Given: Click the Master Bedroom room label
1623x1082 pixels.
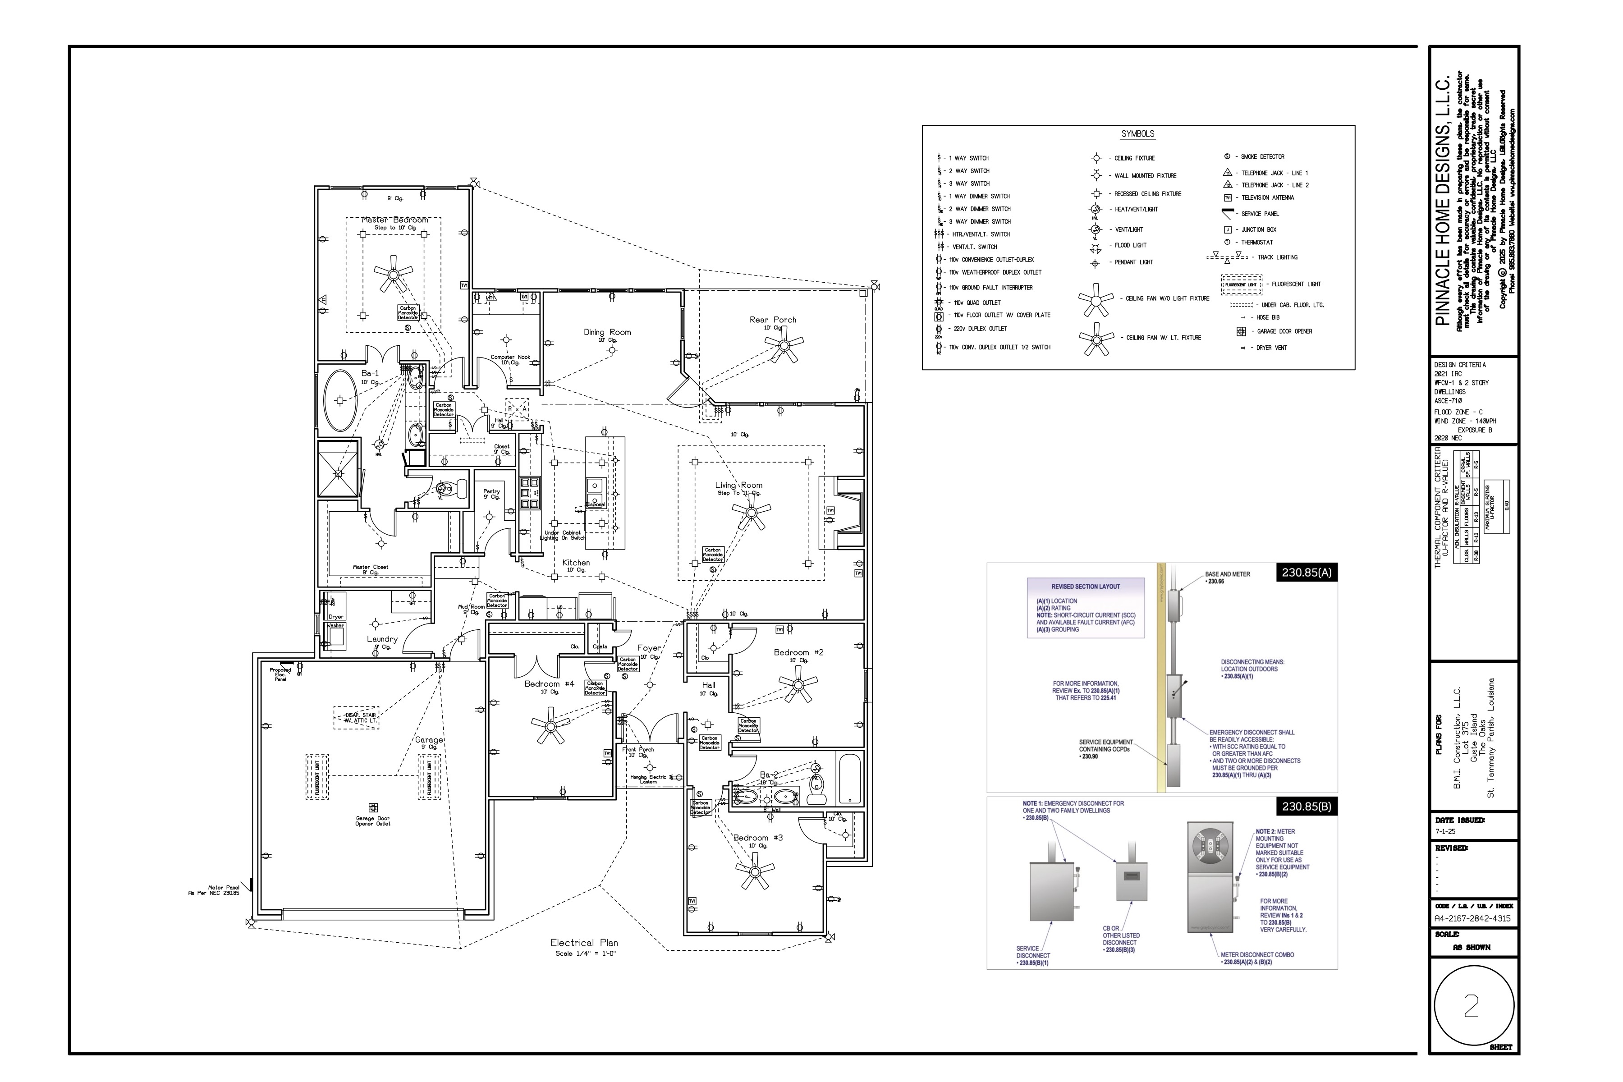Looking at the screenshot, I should (x=395, y=220).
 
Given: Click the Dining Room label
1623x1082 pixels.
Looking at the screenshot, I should (x=607, y=332).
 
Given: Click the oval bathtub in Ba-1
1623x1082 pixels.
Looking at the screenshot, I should (x=340, y=400).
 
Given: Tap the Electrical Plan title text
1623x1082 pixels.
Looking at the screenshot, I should (x=584, y=943).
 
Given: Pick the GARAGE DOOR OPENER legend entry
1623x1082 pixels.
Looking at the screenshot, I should (x=1284, y=331).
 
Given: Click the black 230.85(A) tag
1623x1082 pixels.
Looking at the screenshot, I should (x=1306, y=572).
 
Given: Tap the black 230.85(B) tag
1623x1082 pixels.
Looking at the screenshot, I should (x=1306, y=806).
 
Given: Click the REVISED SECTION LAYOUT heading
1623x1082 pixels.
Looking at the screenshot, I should (x=1086, y=587).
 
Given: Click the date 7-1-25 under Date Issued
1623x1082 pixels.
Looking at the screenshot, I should (x=1445, y=831).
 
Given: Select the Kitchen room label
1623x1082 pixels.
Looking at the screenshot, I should (x=576, y=562).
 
